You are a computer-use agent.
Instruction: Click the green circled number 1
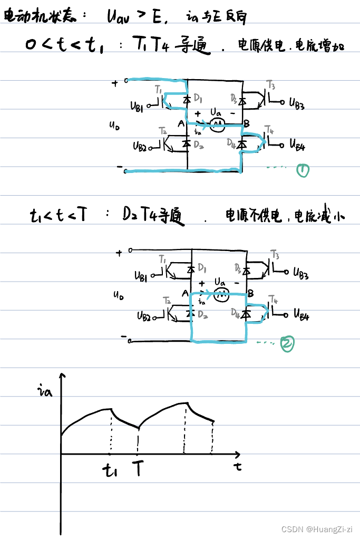coord(303,170)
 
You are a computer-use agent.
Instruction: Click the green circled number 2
coord(287,343)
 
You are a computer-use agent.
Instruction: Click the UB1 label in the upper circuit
coord(137,106)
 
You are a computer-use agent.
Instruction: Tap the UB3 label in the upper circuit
coord(296,103)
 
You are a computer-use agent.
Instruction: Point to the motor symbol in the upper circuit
coord(217,124)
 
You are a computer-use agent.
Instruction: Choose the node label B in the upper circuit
coord(246,124)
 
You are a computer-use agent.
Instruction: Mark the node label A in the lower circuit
coord(184,293)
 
